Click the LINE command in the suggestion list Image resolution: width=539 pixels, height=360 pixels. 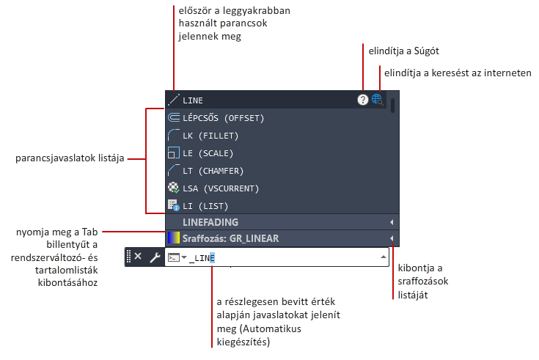[192, 100]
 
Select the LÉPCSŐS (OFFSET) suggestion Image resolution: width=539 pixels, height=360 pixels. [224, 118]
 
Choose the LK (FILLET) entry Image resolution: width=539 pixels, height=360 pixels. [210, 136]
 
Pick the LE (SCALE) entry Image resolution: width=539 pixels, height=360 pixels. [208, 153]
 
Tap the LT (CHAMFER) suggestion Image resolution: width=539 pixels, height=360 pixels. [213, 171]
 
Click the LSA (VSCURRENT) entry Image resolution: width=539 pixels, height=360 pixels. [221, 188]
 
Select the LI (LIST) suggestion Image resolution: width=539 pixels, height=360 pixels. [205, 206]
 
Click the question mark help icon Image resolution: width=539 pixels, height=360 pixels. [363, 100]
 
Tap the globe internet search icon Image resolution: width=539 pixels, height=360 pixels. [377, 100]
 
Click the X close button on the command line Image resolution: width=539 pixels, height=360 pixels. [138, 256]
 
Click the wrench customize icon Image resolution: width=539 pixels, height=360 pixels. [155, 257]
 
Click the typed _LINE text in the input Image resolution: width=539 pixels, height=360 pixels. [202, 258]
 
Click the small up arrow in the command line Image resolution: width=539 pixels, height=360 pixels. [384, 257]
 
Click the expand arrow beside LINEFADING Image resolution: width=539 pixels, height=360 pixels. [392, 222]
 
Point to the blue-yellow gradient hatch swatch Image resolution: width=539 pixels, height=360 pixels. [174, 238]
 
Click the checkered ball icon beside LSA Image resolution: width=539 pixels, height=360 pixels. [174, 188]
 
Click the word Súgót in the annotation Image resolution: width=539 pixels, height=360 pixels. [426, 51]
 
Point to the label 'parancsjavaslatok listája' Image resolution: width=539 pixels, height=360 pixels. [70, 158]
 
